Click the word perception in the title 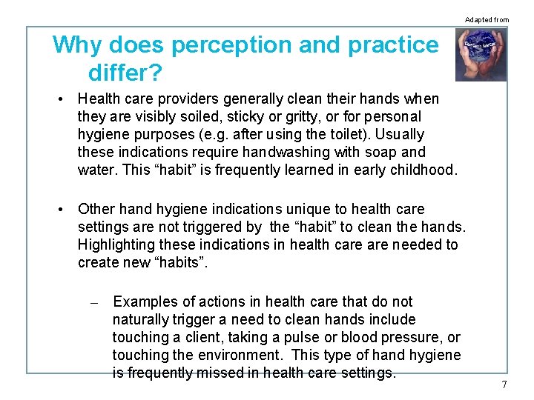point(231,45)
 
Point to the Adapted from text point(487,19)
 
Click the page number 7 point(504,384)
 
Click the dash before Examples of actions point(94,303)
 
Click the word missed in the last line point(220,373)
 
